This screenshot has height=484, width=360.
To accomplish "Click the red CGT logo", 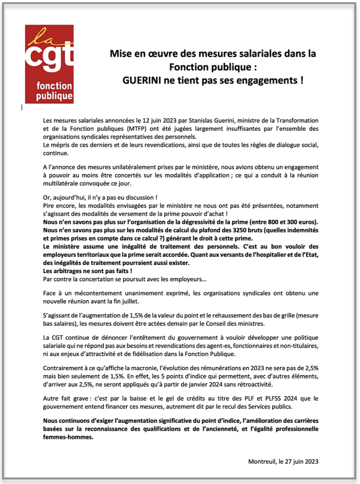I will click(x=49, y=64).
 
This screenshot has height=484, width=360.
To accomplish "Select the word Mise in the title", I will click(x=120, y=54).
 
